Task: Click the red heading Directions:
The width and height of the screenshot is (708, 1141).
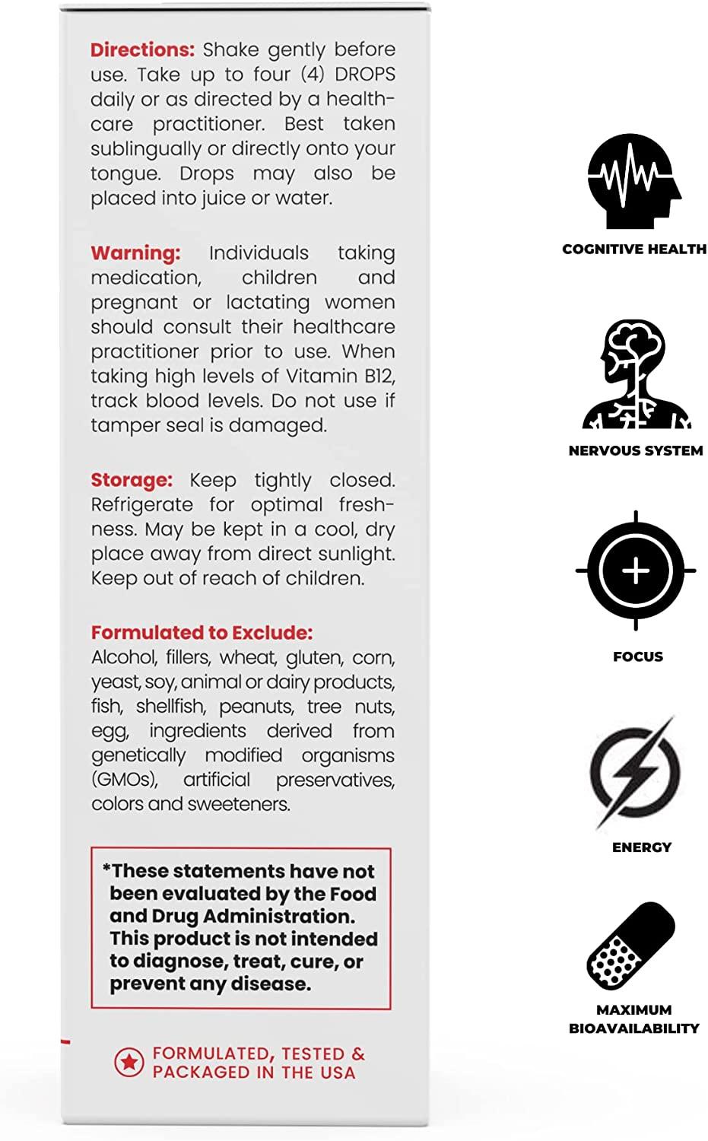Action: (x=142, y=49)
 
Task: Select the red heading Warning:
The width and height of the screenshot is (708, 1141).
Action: (x=135, y=253)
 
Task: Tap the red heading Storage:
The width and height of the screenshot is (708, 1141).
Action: (x=132, y=480)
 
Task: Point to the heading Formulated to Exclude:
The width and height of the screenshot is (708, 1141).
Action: (x=202, y=633)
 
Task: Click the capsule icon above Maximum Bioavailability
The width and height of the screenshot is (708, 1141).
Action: (x=632, y=946)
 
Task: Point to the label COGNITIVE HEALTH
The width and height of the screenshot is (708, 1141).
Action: (x=634, y=249)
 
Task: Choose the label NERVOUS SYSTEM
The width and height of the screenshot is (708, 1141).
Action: (x=636, y=450)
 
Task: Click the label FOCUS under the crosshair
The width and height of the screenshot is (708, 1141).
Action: (x=638, y=656)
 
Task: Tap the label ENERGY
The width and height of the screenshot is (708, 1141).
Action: (x=642, y=847)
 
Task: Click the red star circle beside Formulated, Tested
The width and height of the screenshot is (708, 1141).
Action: (x=129, y=1063)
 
